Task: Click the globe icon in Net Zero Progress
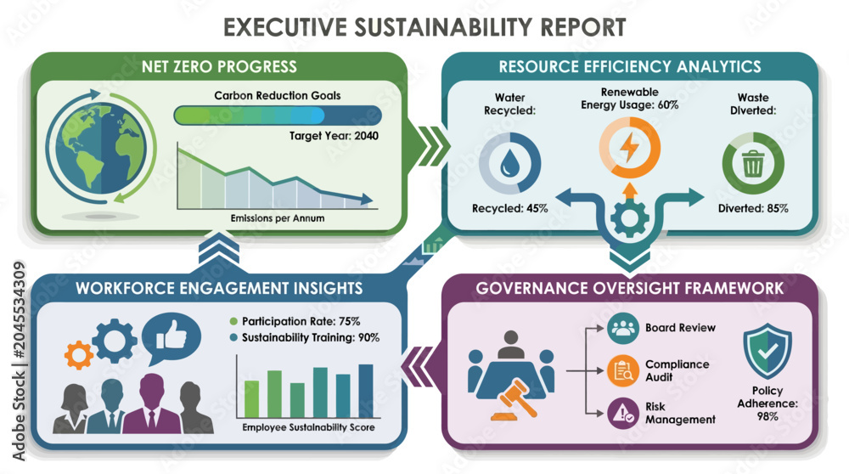point(101,147)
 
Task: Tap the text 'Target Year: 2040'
point(334,135)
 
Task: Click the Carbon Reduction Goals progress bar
point(278,116)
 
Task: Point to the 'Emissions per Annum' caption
point(278,218)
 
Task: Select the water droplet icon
point(509,163)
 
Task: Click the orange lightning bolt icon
point(629,147)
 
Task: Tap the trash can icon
point(752,163)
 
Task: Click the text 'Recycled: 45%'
point(509,208)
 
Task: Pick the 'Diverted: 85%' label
point(752,208)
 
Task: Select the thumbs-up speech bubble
point(171,337)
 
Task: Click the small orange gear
point(78,355)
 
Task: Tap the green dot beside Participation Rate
point(233,321)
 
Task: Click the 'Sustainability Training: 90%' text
point(310,337)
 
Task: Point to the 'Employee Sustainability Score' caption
point(308,427)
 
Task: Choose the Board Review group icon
point(622,328)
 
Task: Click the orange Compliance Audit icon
point(622,370)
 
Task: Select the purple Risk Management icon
point(622,414)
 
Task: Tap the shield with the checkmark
point(767,351)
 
